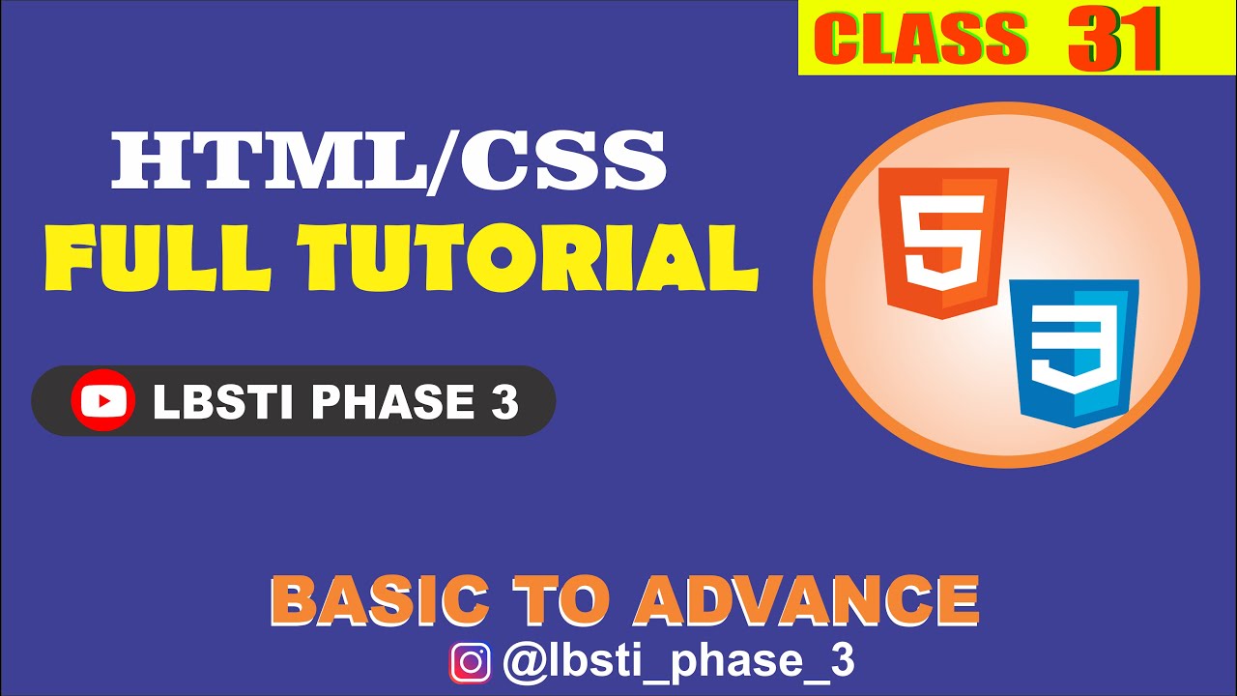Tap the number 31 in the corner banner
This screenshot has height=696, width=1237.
[1113, 42]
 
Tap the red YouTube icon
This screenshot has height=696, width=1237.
[102, 400]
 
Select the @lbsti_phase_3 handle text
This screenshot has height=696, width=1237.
[678, 663]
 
